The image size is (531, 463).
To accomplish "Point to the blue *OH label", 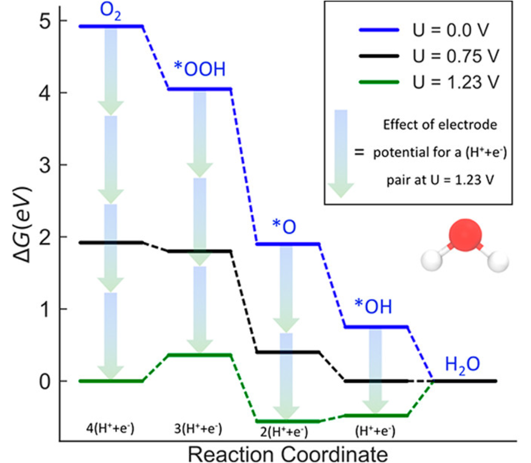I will click(373, 307).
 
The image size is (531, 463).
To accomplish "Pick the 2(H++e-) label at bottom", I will click(283, 432).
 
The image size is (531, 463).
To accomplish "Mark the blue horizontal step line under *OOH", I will click(199, 89).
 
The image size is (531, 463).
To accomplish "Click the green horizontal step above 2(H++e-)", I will click(287, 421).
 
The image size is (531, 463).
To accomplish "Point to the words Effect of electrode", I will click(440, 125).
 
